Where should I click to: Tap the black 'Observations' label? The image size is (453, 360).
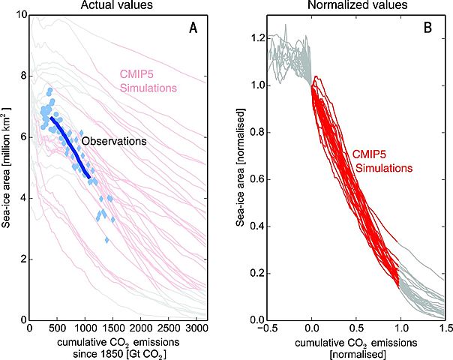(x=112, y=141)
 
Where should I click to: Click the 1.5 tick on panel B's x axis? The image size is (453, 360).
(x=444, y=328)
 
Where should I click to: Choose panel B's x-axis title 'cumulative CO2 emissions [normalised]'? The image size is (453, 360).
(x=355, y=347)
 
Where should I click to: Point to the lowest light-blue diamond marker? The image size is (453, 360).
(x=107, y=240)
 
